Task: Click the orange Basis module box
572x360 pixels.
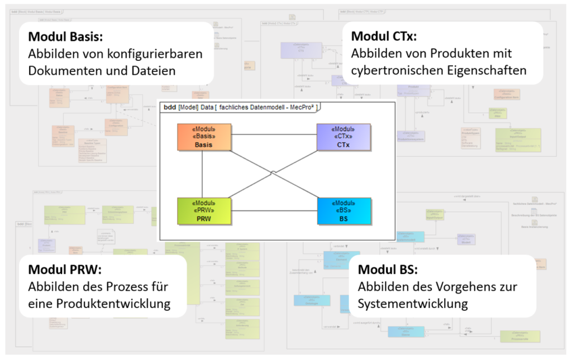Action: point(204,137)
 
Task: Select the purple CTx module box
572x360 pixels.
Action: point(343,137)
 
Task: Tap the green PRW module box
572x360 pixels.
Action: point(204,211)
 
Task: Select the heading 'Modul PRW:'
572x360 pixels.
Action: point(64,270)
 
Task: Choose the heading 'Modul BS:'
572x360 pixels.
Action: point(387,270)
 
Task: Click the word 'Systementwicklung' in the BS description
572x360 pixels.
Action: point(413,304)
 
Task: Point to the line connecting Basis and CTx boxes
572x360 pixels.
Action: point(274,135)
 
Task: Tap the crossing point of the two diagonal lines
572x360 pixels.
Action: point(273,172)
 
